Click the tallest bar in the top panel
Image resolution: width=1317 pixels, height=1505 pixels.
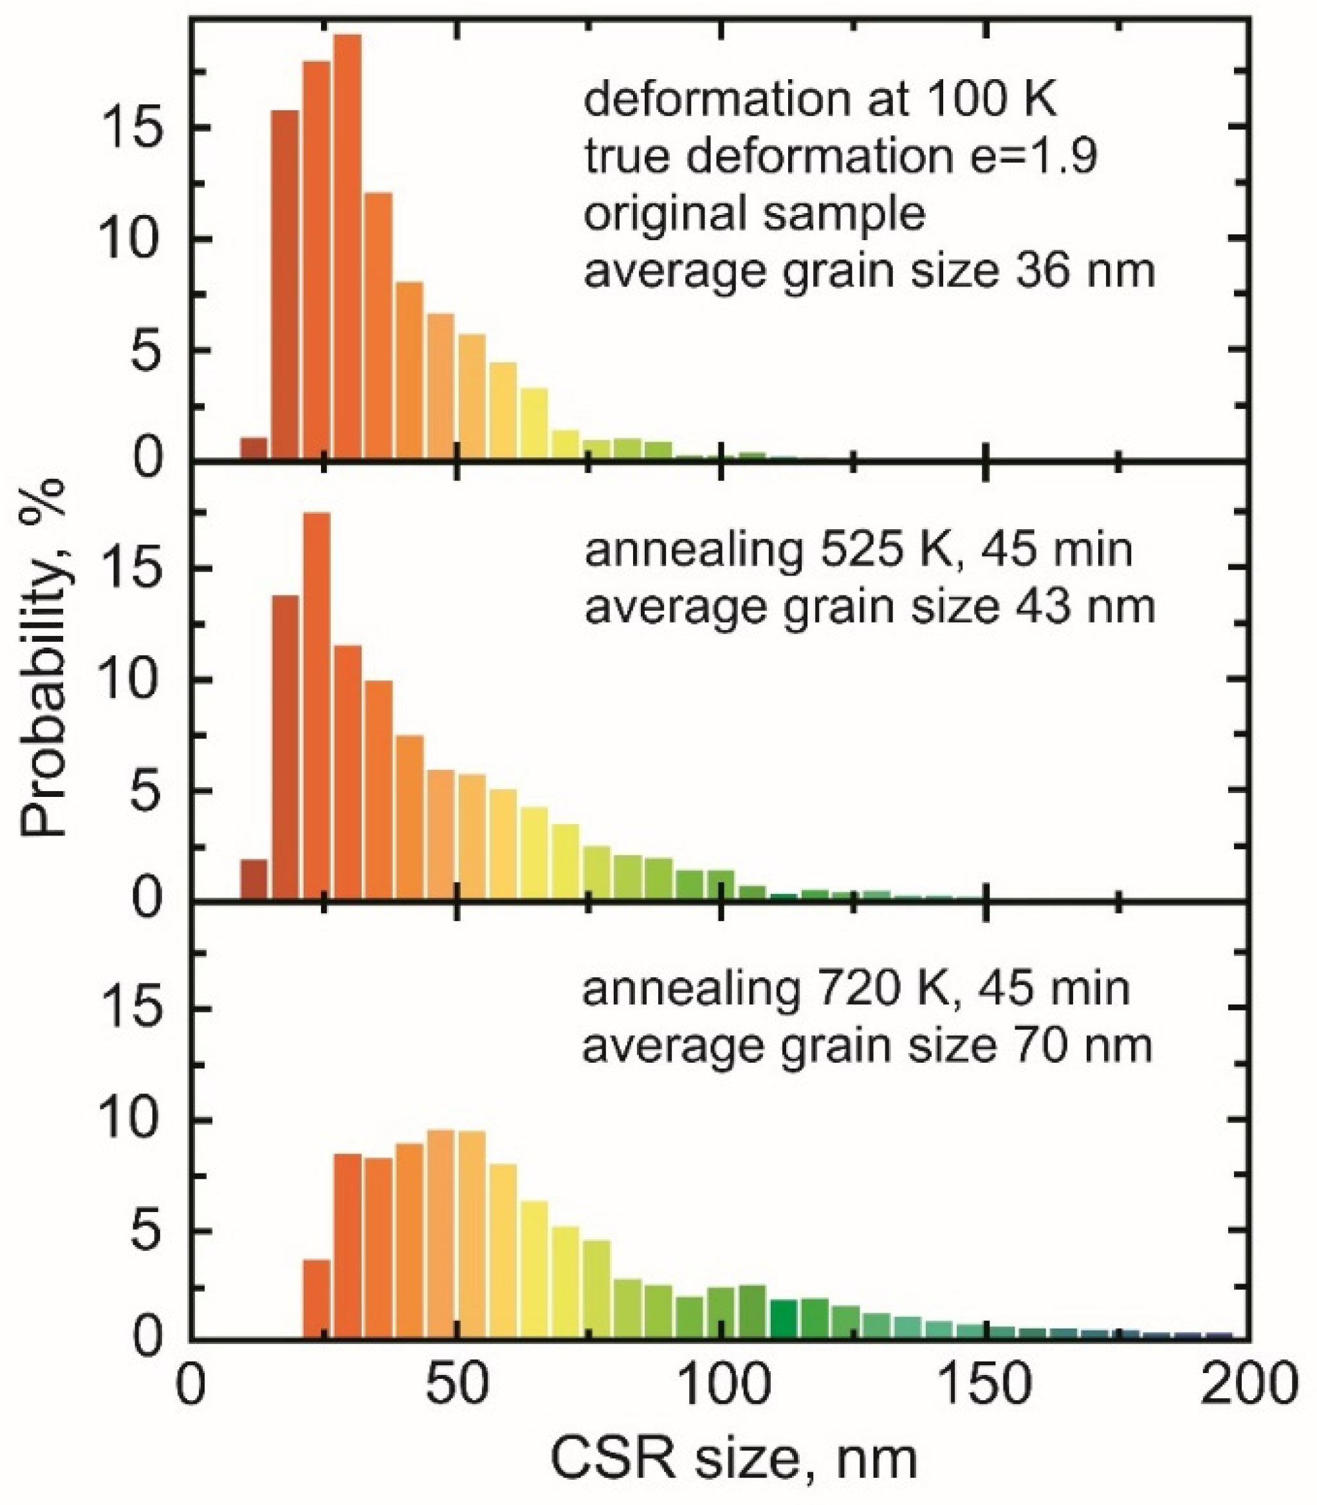[347, 247]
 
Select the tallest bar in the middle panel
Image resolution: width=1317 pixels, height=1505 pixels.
[317, 706]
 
